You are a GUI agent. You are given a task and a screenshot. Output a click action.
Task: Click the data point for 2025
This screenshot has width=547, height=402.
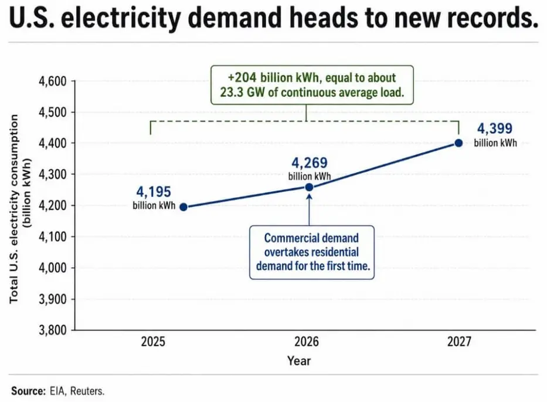(x=184, y=207)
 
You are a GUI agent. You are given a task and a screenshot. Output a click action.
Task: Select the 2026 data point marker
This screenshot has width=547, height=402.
(x=309, y=187)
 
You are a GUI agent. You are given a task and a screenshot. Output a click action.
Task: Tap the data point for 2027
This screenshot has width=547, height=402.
(x=458, y=143)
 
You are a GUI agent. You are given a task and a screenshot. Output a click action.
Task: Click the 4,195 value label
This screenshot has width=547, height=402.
(x=154, y=192)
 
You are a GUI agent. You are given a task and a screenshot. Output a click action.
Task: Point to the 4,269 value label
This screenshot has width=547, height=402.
(x=310, y=163)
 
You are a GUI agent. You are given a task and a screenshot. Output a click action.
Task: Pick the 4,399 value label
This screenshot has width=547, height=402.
(x=495, y=129)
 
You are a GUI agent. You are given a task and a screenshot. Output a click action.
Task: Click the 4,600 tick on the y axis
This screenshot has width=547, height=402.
(x=53, y=81)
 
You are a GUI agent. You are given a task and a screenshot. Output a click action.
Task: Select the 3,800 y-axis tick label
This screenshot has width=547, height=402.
(x=53, y=330)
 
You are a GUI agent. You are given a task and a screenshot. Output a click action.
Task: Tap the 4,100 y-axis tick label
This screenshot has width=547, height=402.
(x=53, y=237)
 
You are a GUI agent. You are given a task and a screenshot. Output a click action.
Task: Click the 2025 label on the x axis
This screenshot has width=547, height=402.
(x=153, y=341)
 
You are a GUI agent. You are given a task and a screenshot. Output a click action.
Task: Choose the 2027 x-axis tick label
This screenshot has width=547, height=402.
(x=459, y=341)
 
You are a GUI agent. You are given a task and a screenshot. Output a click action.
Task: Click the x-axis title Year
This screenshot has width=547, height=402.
(x=299, y=360)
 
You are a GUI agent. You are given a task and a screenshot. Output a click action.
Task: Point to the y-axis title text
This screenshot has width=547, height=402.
(x=20, y=209)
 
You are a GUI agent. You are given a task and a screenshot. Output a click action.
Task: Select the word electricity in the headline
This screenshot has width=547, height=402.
(x=121, y=19)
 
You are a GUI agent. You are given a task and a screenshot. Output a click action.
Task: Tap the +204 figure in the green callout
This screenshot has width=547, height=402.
(x=242, y=77)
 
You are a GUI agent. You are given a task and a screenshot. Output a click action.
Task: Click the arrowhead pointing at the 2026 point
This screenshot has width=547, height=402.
(x=309, y=196)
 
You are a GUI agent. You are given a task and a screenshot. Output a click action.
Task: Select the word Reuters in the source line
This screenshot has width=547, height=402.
(x=87, y=391)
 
